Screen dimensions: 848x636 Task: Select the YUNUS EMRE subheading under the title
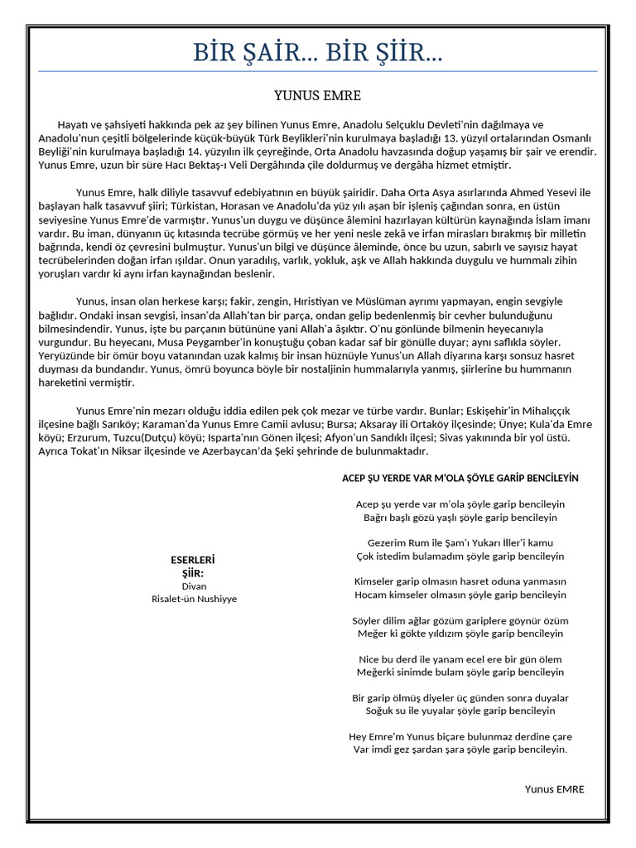[x=318, y=95]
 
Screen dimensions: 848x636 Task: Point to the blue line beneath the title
[x=318, y=72]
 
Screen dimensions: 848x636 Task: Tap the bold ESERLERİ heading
[x=194, y=560]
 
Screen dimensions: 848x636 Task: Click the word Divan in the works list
[x=194, y=585]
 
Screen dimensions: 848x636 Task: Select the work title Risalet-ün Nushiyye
[x=194, y=599]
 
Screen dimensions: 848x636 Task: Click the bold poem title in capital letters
[x=460, y=478]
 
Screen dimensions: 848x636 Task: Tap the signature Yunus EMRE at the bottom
[x=554, y=789]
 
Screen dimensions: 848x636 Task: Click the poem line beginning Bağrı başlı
[x=460, y=517]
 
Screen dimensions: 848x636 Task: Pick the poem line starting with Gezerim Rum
[x=460, y=542]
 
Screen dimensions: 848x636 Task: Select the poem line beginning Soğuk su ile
[x=460, y=711]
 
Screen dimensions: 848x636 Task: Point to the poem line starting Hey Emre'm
[x=460, y=736]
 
